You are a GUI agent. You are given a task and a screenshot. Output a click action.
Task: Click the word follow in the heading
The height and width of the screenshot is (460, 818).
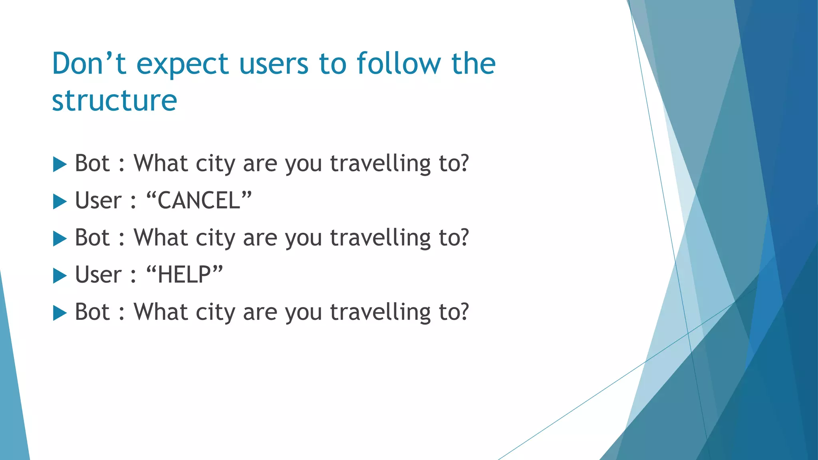pos(399,64)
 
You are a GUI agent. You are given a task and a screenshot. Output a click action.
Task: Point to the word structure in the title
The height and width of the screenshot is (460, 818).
pos(114,101)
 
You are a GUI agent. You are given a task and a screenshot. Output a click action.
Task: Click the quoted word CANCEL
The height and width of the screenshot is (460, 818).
pos(199,200)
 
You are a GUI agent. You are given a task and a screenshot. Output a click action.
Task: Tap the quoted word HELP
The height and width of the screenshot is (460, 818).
pos(184,275)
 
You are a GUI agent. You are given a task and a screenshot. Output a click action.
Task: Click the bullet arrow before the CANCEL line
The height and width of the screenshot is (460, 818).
pos(60,202)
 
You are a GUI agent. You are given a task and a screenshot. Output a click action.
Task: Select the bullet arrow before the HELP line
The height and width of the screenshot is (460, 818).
pos(60,276)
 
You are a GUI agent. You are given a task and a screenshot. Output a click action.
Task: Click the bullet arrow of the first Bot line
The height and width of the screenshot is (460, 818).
pos(60,165)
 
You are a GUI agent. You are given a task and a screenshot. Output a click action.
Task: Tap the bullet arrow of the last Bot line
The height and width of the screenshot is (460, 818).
pos(60,313)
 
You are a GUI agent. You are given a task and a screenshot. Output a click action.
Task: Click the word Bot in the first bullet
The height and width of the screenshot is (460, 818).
pos(92,163)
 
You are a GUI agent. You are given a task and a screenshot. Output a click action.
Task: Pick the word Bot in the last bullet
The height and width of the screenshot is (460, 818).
pos(92,312)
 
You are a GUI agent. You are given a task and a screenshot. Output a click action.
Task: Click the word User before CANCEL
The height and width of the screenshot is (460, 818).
pos(98,200)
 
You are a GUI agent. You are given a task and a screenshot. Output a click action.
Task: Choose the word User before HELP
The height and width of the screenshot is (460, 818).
pos(98,275)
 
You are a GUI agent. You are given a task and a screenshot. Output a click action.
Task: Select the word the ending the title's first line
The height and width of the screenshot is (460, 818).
pos(473,64)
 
